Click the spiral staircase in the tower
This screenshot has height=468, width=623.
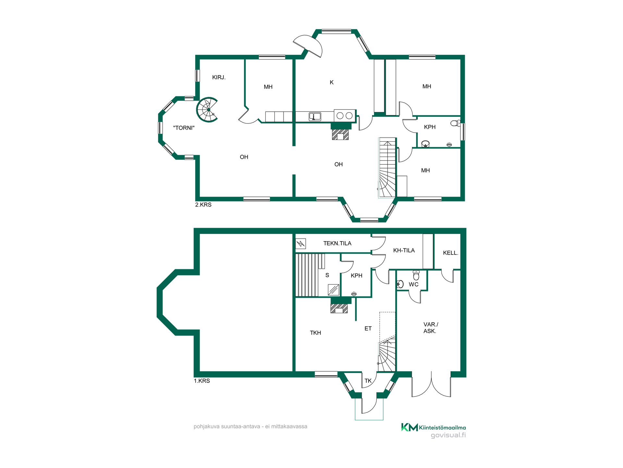[207, 110]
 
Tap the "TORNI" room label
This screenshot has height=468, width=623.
[184, 128]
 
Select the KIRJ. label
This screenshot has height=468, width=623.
[219, 77]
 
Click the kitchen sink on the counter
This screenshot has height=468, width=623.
[315, 116]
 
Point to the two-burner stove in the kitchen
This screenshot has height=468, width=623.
[344, 115]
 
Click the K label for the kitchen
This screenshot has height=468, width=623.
[332, 83]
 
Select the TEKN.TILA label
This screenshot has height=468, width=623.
[337, 243]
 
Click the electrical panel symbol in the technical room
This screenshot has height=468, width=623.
[300, 243]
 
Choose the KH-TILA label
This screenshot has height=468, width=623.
[404, 251]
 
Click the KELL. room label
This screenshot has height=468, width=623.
[451, 253]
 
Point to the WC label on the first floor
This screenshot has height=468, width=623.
[414, 284]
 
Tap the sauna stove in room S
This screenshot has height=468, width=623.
[334, 290]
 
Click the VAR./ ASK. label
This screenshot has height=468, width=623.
[431, 328]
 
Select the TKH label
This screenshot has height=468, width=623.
[315, 333]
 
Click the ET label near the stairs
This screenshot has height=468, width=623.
[368, 329]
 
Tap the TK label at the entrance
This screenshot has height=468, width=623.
[368, 381]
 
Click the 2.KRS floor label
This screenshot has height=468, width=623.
[203, 205]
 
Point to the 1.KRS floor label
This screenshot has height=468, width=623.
[202, 381]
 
